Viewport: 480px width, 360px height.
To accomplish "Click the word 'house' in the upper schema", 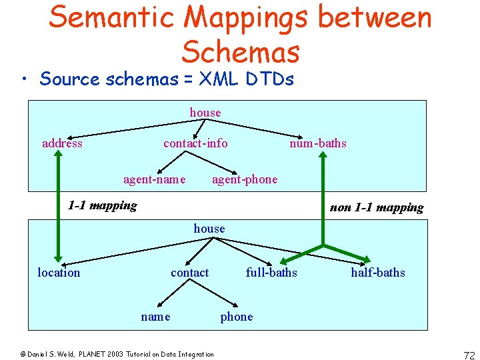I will pos(205,113).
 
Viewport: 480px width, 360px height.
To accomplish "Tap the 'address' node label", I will pos(62,143).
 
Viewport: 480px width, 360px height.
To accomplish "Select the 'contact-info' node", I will pos(195,143).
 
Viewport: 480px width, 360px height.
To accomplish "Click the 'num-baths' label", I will pos(317,143).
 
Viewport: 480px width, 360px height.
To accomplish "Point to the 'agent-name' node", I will pos(154,179).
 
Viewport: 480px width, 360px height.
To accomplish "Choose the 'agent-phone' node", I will pos(245,179).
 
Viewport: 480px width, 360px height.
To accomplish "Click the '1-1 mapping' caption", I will pos(103,205).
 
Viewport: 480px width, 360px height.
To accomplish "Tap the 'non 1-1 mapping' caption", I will pos(377,207).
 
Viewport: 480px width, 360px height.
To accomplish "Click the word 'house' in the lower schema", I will pos(209,229).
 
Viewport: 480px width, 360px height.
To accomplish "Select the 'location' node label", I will pos(59,273).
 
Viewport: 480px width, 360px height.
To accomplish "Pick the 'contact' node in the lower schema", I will pos(189,273).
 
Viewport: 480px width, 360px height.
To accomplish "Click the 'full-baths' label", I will pos(271,273).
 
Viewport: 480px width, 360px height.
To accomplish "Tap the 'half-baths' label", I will pos(378,273).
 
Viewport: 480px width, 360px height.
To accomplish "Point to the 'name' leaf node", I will pos(155,317).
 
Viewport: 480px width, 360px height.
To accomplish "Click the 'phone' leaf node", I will pos(237,317).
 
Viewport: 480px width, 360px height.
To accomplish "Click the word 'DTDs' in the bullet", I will pos(269,79).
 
